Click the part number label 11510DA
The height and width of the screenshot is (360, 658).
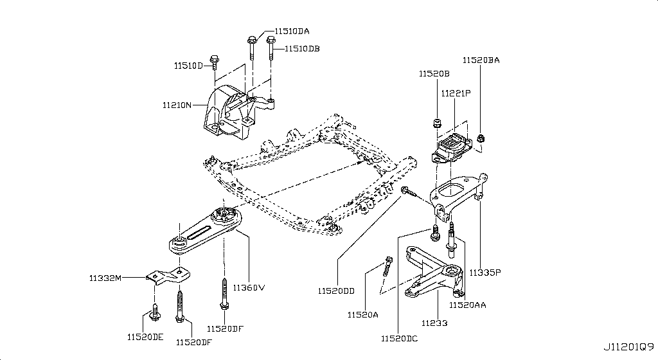[x=292, y=31]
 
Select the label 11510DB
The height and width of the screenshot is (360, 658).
[x=303, y=48]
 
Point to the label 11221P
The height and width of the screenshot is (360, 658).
[x=456, y=93]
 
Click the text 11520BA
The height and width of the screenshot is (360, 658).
[x=481, y=60]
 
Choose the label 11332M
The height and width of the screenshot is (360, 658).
[x=105, y=278]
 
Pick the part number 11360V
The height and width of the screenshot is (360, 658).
[x=249, y=287]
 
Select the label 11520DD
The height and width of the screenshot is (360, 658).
[x=335, y=291]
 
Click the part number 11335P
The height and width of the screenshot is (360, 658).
[x=485, y=273]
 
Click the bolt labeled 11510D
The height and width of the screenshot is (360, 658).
[x=215, y=63]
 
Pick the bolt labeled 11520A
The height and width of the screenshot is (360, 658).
[x=387, y=265]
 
